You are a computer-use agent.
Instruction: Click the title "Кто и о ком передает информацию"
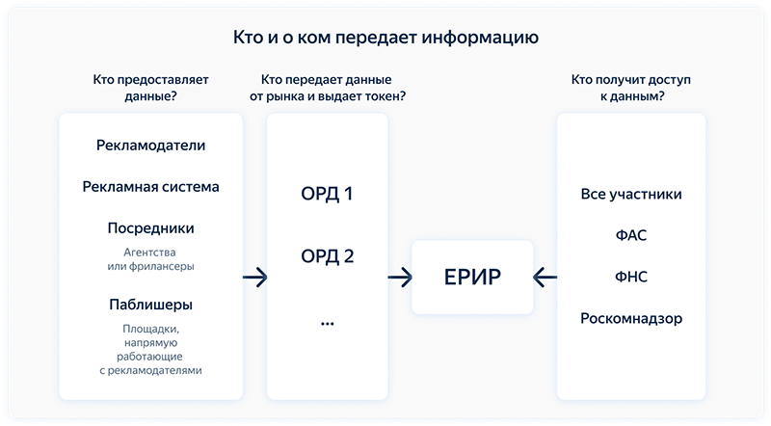tap(385, 38)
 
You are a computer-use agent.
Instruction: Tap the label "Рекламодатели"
tap(150, 146)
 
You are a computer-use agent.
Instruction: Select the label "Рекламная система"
tap(150, 187)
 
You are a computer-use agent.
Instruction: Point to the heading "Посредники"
tap(150, 228)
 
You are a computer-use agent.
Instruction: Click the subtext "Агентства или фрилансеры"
tap(150, 259)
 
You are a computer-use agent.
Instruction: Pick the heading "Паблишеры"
tap(150, 305)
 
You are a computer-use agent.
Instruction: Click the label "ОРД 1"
tap(327, 194)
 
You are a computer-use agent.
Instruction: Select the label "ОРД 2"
tap(327, 256)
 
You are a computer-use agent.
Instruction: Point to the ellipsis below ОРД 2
tap(327, 324)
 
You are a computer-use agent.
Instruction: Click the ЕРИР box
tap(472, 277)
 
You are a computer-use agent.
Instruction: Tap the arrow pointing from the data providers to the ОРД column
tap(254, 278)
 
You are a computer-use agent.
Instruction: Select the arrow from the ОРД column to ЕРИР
tap(400, 278)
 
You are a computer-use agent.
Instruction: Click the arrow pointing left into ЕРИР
tap(545, 278)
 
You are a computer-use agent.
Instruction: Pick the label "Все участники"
tap(631, 195)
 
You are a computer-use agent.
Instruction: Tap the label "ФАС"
tap(631, 235)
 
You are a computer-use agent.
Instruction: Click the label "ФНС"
tap(631, 277)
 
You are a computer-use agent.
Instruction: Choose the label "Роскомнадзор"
tap(631, 318)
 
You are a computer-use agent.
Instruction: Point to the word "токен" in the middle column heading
tap(385, 96)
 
